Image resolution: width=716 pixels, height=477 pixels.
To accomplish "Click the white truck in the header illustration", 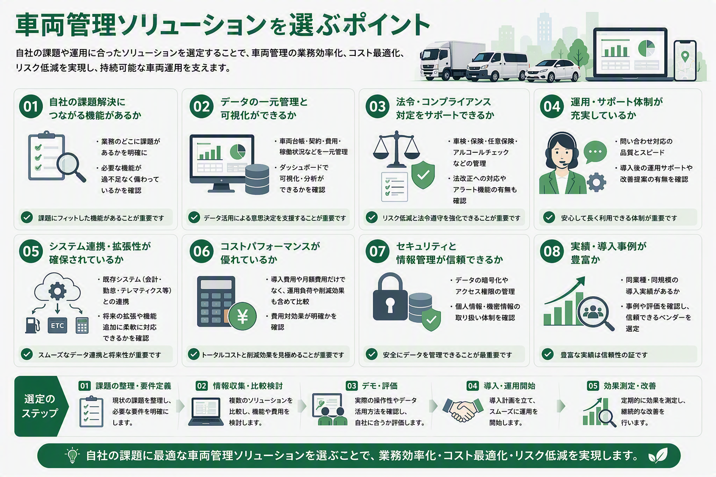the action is tap(451, 61).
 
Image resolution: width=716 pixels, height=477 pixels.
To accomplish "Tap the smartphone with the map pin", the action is tap(685, 61).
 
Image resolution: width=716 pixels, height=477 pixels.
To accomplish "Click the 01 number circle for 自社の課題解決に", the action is tap(31, 106).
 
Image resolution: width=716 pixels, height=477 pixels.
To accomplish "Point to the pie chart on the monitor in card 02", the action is tap(237, 151).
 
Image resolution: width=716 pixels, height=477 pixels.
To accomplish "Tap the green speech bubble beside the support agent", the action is tap(595, 152).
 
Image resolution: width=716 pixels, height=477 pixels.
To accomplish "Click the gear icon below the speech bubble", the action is tap(596, 182).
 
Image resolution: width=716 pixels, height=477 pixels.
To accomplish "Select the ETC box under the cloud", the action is tap(57, 326).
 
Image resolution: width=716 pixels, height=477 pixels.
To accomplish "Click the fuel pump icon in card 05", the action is tap(32, 326).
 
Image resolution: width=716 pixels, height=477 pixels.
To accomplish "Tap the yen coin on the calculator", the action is tap(242, 316).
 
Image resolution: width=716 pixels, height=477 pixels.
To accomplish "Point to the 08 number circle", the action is tap(552, 251).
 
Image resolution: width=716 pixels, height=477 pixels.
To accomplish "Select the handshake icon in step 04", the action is tap(463, 409).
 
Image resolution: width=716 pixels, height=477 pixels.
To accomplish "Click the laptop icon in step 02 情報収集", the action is tap(206, 411).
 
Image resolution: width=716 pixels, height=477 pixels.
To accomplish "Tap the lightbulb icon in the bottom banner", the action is tap(72, 455).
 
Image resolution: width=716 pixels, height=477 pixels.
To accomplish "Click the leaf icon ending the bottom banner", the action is tap(658, 455).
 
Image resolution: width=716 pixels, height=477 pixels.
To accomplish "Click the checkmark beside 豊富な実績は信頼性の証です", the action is tap(548, 354).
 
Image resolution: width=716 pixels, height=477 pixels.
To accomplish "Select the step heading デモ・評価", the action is tap(380, 386).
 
